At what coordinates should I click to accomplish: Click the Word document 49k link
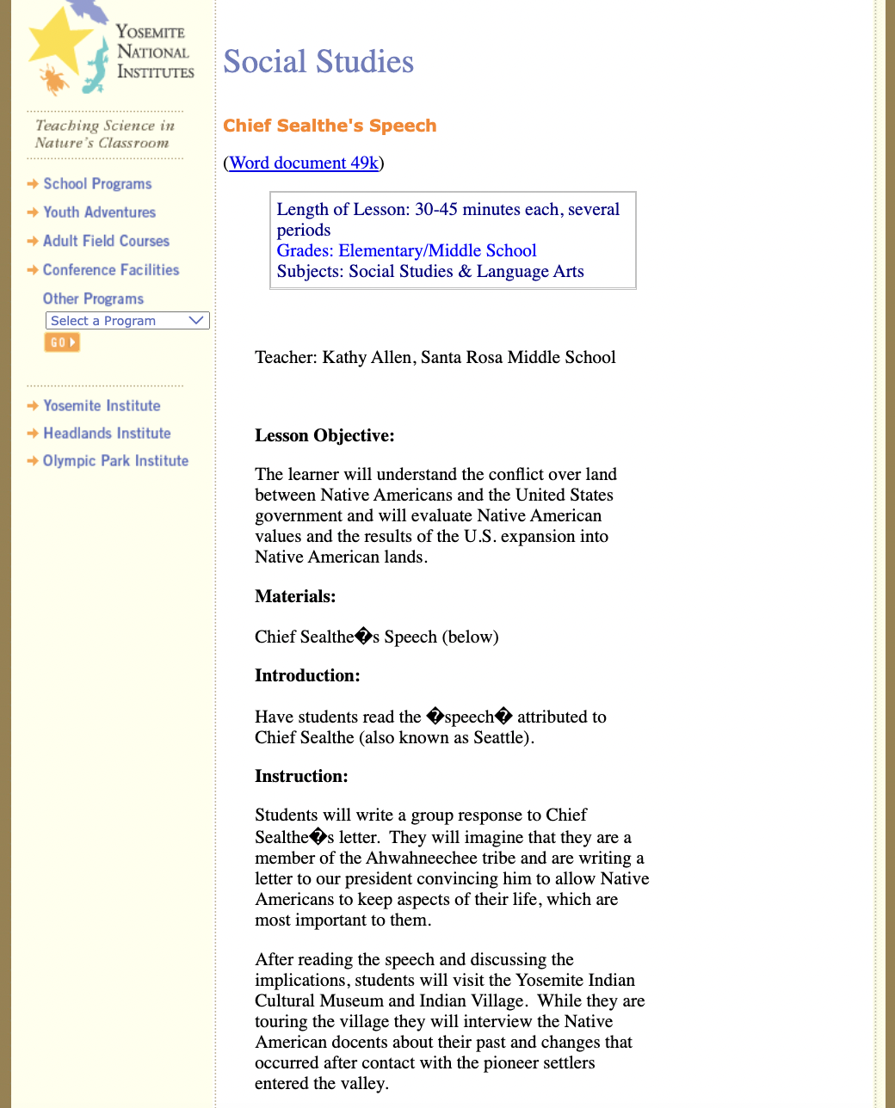tap(304, 163)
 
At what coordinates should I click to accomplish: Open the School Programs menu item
tap(97, 184)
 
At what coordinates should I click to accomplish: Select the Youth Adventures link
tap(100, 212)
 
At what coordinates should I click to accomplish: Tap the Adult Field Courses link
tap(106, 242)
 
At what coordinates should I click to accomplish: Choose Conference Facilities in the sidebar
tap(111, 270)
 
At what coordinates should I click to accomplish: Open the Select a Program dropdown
tap(127, 321)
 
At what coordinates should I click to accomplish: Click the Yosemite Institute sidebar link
tap(102, 406)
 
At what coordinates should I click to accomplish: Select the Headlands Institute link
tap(107, 434)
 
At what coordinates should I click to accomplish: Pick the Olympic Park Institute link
tap(115, 461)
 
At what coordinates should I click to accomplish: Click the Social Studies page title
tap(318, 62)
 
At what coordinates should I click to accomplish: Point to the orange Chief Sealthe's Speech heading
tap(330, 126)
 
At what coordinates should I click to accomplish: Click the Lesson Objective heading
tap(324, 435)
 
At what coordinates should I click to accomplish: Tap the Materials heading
tap(295, 596)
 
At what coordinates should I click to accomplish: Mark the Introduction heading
tap(307, 675)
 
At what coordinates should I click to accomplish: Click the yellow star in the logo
tap(59, 41)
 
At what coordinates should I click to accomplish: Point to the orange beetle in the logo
tap(54, 80)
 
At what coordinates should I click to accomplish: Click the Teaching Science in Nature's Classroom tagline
tap(104, 134)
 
